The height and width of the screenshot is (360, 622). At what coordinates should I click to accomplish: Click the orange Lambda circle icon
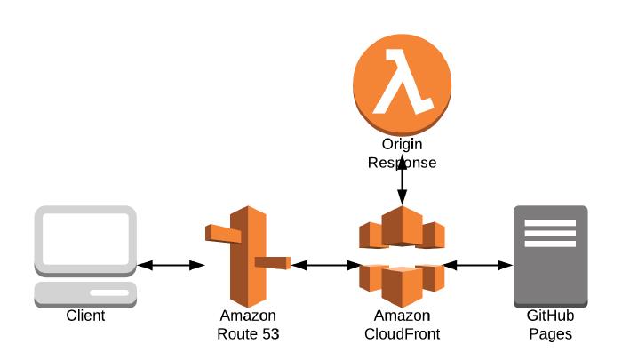pos(402,84)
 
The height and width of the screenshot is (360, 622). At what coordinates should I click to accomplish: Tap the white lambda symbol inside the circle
pos(403,82)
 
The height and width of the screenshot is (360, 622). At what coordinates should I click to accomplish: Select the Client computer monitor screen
pos(85,239)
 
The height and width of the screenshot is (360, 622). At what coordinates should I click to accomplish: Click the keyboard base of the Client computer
pos(85,294)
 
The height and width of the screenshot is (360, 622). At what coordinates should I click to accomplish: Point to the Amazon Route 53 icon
pos(248,256)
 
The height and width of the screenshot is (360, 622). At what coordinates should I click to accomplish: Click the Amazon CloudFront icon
pos(402,256)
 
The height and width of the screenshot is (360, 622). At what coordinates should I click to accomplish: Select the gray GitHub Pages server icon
pos(551,256)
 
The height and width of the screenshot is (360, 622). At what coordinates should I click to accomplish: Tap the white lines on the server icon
pos(550,233)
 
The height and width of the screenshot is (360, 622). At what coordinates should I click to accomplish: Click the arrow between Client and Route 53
pos(171,265)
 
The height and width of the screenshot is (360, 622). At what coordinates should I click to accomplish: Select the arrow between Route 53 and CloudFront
pos(326,265)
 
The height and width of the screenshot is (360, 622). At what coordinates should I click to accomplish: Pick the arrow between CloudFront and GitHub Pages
pos(478,265)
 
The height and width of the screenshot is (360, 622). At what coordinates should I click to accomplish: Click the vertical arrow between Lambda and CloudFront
pos(403,180)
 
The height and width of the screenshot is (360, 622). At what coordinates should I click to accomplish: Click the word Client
pos(85,316)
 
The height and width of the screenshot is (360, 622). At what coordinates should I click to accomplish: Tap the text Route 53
pos(248,334)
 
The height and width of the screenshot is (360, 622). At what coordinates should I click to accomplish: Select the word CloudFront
pos(402,334)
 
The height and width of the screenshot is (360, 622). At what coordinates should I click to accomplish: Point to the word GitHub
pos(551,316)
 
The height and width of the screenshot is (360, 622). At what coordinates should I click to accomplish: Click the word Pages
pos(551,334)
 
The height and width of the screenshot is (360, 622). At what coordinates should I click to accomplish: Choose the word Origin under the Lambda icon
pos(403,145)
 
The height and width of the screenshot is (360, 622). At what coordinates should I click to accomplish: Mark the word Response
pos(403,163)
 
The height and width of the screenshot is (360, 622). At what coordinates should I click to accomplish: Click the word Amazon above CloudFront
pos(402,316)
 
